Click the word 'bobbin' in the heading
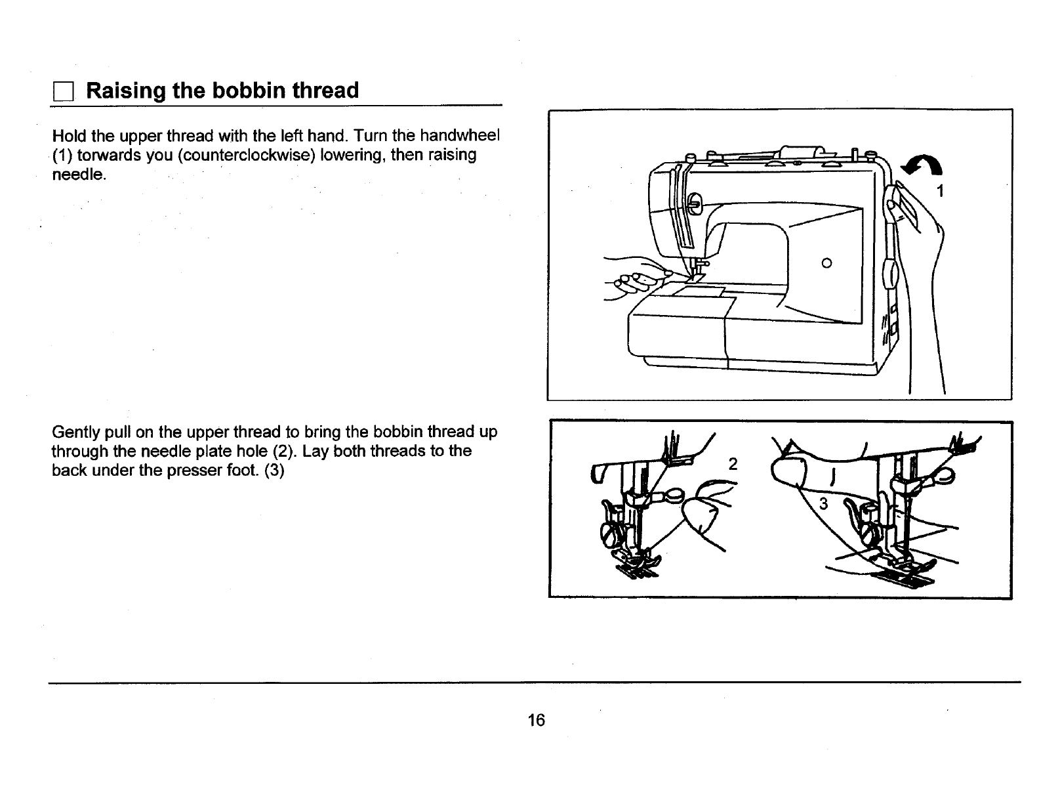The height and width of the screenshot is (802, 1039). click(x=247, y=90)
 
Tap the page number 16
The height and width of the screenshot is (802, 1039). click(x=536, y=720)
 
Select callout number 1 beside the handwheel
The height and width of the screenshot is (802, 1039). click(x=941, y=192)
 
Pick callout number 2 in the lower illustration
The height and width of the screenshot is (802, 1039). click(x=733, y=464)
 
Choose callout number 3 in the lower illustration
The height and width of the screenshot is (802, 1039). click(x=825, y=504)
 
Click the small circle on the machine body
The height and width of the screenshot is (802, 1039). click(x=826, y=263)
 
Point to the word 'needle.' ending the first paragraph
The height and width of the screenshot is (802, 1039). click(x=77, y=175)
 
